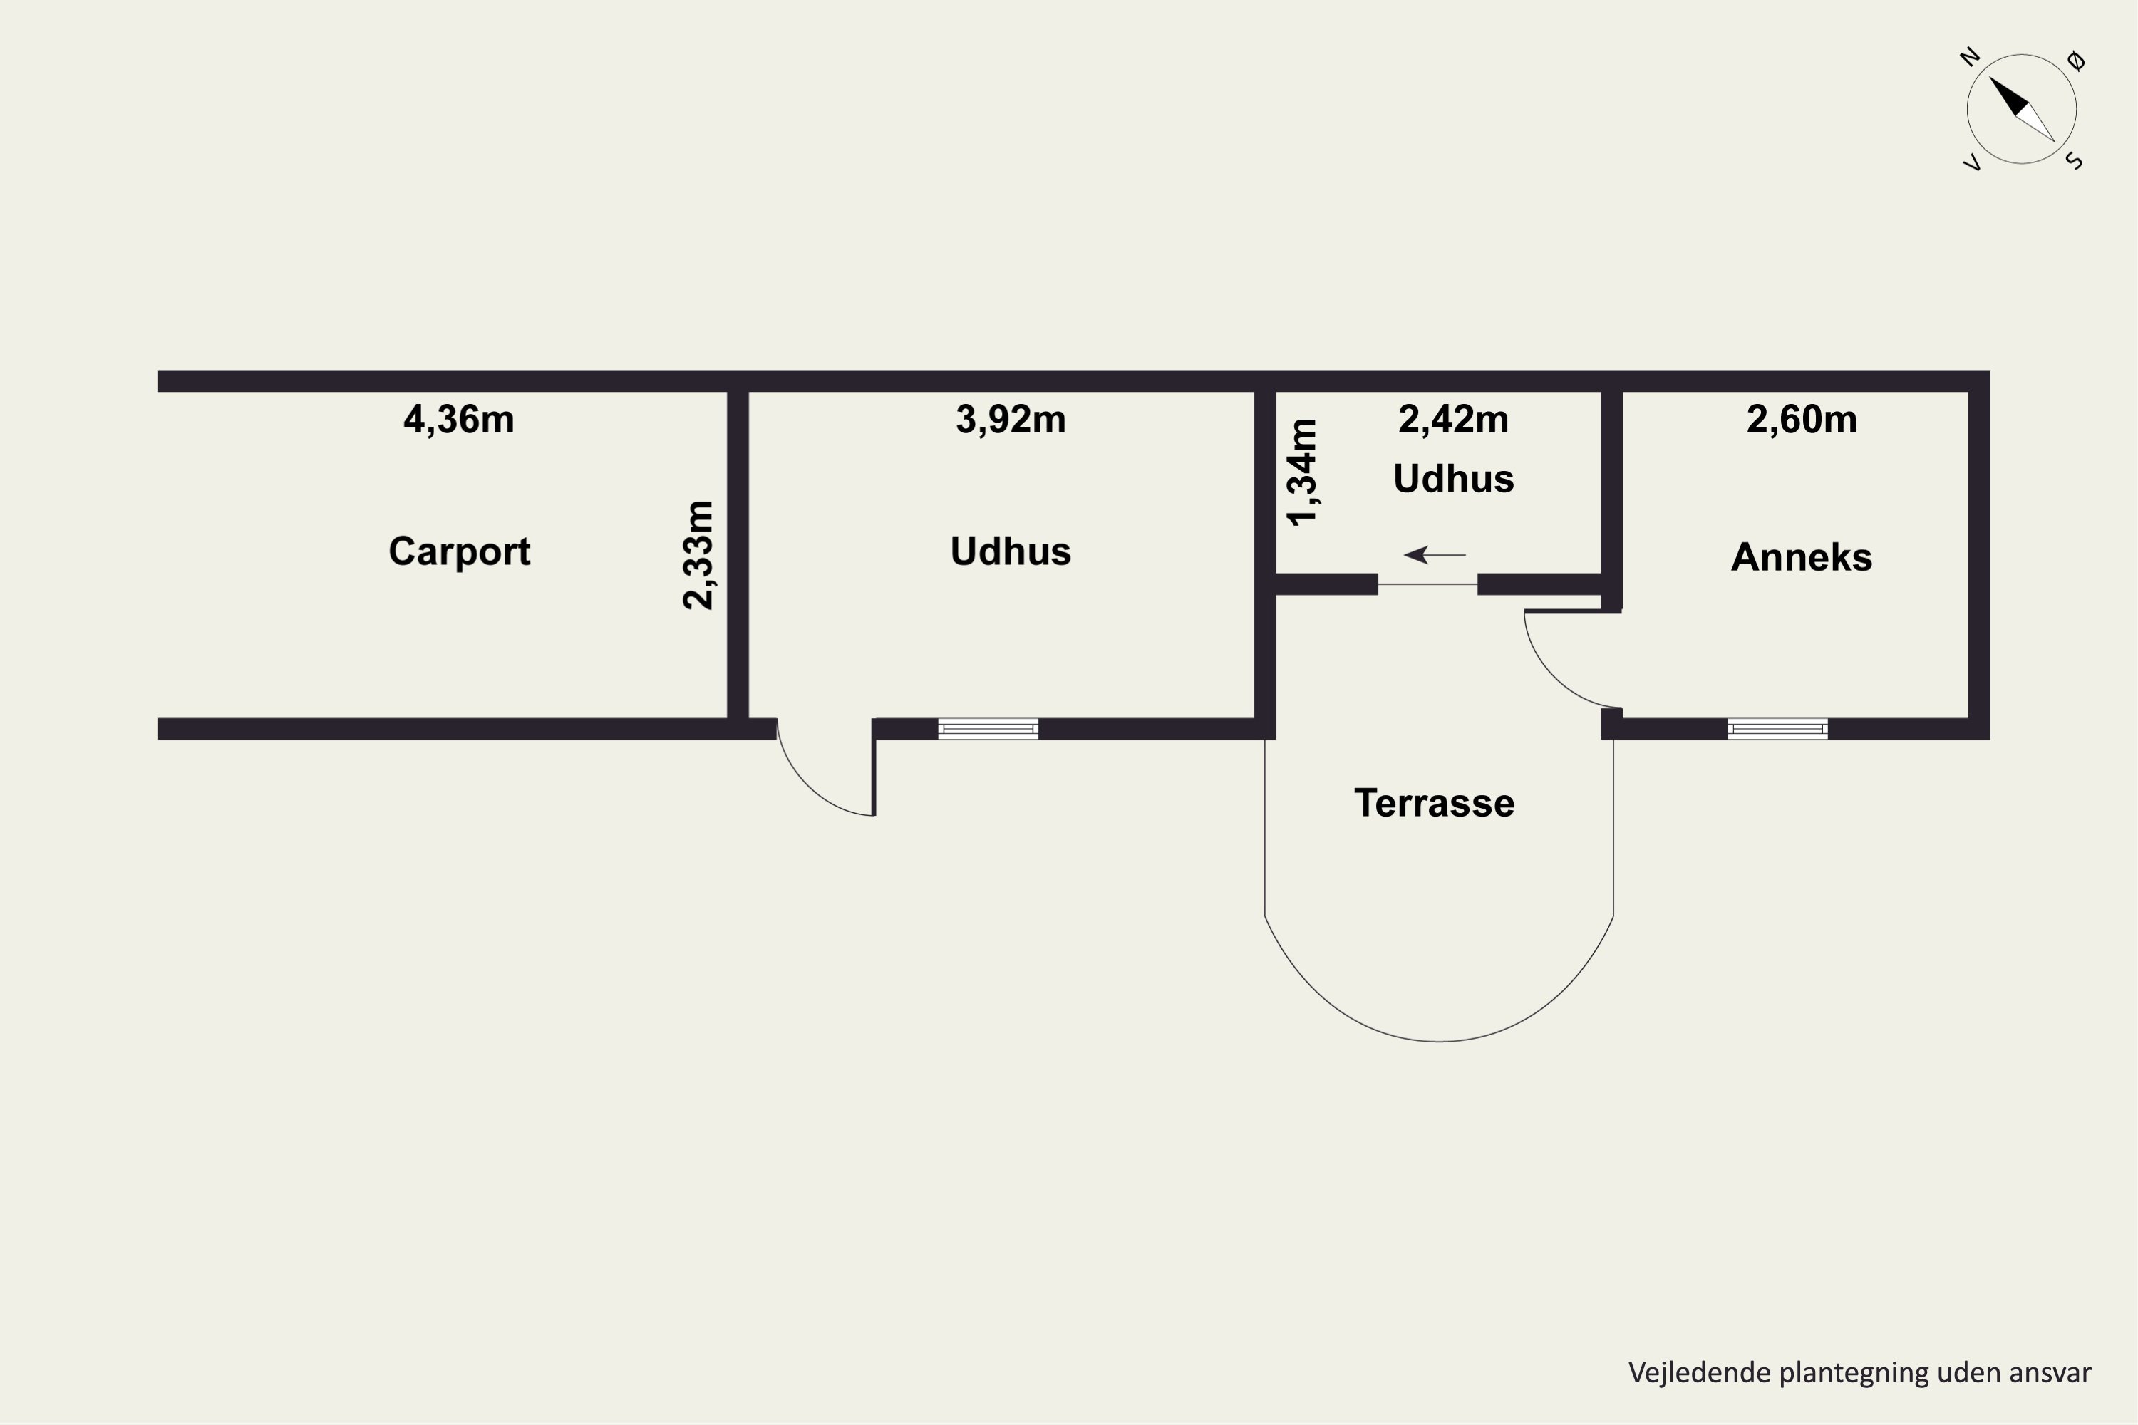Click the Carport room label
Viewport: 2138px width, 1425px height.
click(459, 551)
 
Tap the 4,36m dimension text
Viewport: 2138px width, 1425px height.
click(459, 420)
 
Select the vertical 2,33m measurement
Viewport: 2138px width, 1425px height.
click(699, 555)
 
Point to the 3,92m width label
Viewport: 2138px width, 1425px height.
click(1011, 420)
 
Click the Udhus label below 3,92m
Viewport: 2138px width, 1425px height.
click(1011, 551)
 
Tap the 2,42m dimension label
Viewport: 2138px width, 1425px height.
click(1454, 420)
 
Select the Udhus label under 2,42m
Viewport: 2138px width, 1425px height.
click(1454, 479)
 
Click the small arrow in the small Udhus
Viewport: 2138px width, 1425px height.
click(1435, 554)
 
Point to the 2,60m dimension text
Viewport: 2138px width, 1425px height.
click(1802, 420)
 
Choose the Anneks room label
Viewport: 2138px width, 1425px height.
click(1802, 557)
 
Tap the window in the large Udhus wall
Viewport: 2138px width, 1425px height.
click(988, 729)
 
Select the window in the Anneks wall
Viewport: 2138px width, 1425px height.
click(1778, 729)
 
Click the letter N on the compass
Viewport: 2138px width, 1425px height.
click(1970, 56)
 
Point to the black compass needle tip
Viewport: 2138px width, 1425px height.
click(1990, 77)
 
